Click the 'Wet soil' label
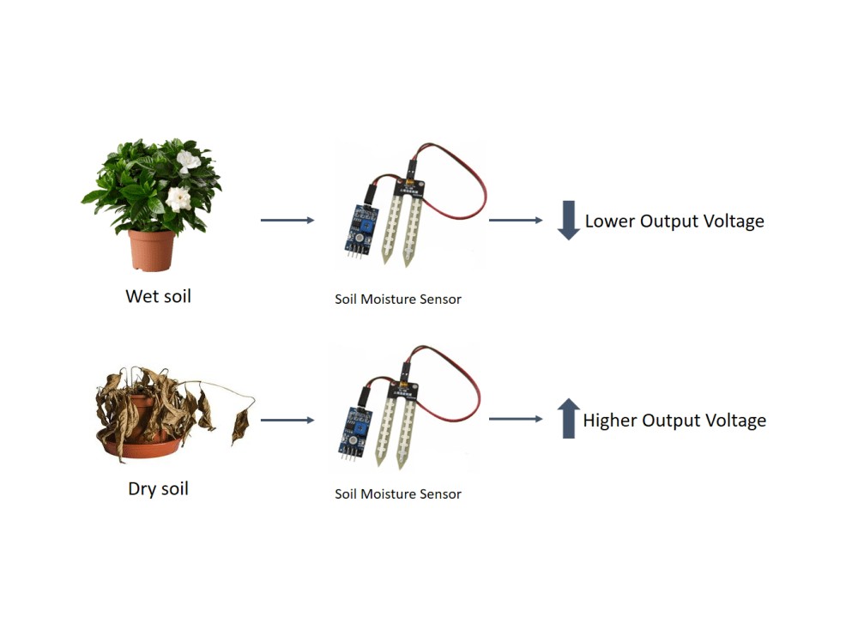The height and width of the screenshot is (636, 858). tap(158, 296)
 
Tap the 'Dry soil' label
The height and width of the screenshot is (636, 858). tap(158, 489)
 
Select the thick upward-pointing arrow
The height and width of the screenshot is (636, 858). tap(567, 419)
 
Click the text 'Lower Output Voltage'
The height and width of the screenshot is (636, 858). tap(674, 221)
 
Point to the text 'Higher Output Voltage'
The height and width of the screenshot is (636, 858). tap(674, 421)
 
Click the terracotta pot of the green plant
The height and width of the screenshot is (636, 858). tap(152, 250)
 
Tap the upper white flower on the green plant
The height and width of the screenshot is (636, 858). tap(188, 160)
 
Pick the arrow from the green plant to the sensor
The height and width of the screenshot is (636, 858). tap(287, 221)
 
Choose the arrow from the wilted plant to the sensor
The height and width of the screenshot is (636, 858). tap(287, 420)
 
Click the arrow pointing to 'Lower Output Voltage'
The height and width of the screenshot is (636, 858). tap(516, 221)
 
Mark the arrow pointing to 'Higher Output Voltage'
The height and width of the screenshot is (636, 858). tap(516, 419)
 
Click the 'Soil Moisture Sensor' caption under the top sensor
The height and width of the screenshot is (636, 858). tap(398, 300)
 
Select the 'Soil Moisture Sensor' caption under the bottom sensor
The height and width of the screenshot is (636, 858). tap(398, 494)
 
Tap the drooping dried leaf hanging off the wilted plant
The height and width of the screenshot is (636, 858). tap(240, 424)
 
